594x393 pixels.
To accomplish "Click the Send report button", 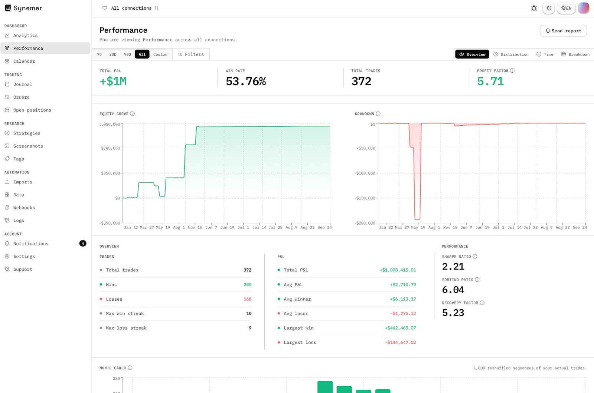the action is coord(563,31).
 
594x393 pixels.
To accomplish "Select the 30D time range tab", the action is coord(113,54).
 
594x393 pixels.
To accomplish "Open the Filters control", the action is coord(191,54).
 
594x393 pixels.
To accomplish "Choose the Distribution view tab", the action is coord(511,54).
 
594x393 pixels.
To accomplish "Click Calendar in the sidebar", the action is coord(24,61).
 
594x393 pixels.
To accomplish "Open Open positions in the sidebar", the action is coord(32,110).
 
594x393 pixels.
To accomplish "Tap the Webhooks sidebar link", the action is coord(24,208).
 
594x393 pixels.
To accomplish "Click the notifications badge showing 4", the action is coord(83,243).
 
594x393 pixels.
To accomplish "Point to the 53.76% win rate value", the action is coord(246,81).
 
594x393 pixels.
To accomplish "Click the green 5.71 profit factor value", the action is coord(490,81).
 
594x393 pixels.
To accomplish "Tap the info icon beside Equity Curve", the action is coord(132,113).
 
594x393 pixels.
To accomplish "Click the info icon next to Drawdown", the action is coord(378,113).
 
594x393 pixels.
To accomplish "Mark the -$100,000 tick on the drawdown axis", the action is coord(365,173).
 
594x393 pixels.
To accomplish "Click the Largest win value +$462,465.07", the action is coord(400,328).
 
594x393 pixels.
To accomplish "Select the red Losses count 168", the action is coord(247,299).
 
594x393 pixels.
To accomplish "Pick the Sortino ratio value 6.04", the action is coord(453,290).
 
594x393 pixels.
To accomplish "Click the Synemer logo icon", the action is coord(8,8).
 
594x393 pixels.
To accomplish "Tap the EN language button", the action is coord(566,8).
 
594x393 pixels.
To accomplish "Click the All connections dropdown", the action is coord(130,8).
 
